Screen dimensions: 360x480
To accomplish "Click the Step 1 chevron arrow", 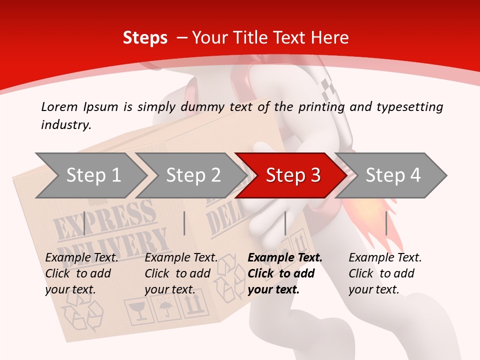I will [x=93, y=175].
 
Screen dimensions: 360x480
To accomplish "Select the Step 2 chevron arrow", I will [x=193, y=175].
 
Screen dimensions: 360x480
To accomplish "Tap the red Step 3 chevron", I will [x=292, y=175].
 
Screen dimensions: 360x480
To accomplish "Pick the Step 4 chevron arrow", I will [x=392, y=175].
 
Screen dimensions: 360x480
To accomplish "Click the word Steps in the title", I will [x=145, y=38].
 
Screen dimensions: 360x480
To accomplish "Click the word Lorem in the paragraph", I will [x=59, y=106].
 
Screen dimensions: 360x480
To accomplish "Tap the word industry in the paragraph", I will [x=66, y=125].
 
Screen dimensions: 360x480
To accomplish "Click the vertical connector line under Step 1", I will [x=84, y=223].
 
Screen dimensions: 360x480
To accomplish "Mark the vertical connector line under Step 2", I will [x=184, y=223].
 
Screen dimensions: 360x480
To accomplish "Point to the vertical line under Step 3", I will [x=285, y=223].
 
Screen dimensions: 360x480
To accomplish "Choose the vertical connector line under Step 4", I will [x=386, y=223].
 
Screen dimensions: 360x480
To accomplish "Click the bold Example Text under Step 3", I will [x=285, y=258].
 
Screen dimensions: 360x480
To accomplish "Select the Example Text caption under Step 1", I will [x=81, y=258].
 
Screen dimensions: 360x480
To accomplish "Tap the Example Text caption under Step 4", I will [x=385, y=258].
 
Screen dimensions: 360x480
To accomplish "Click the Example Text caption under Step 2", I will [x=181, y=258].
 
